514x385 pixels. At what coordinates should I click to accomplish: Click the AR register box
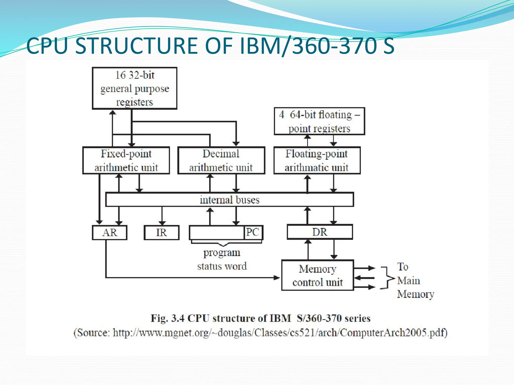(110, 233)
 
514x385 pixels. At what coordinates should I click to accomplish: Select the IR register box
(161, 233)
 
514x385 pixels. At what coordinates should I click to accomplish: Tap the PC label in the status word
(252, 232)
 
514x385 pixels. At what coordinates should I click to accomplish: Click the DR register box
(320, 232)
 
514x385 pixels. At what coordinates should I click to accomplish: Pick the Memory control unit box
(317, 275)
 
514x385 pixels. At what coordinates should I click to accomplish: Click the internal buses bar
(229, 200)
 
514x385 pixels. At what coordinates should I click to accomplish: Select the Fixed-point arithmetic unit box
(126, 160)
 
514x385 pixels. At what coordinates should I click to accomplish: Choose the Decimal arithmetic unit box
(221, 160)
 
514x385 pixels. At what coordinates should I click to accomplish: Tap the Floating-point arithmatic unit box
(317, 160)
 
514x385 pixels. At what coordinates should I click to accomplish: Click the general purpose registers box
(135, 88)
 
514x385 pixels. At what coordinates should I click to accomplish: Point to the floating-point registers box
(319, 121)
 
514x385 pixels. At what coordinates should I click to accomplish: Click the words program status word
(222, 259)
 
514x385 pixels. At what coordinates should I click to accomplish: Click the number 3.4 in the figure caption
(178, 318)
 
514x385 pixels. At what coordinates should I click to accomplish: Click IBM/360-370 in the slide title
(309, 46)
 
